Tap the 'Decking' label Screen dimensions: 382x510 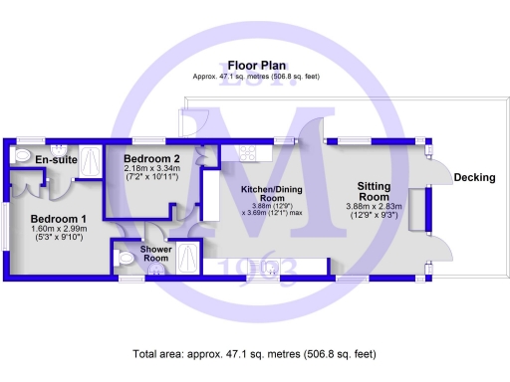[x=474, y=178]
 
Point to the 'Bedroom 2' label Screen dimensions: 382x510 [x=150, y=158]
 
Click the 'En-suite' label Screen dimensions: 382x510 [x=56, y=159]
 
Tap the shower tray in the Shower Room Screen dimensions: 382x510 [x=186, y=258]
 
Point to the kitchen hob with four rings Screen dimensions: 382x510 [x=245, y=152]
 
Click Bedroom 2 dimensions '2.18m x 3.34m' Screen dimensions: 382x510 [x=151, y=168]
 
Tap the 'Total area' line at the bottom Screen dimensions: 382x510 [x=254, y=353]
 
